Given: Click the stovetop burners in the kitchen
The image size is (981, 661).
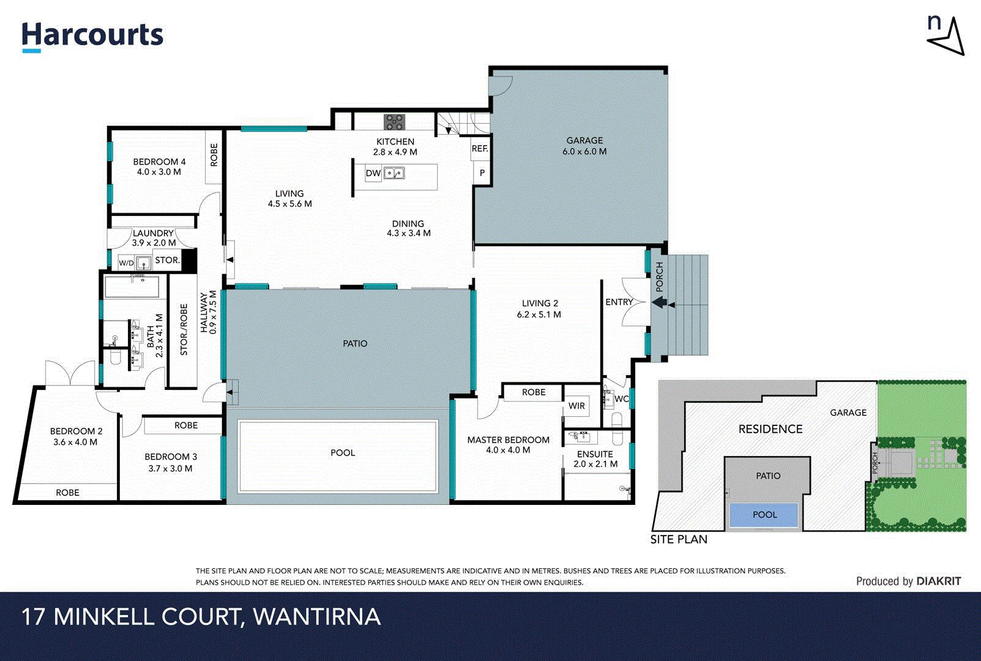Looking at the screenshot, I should coord(394,122).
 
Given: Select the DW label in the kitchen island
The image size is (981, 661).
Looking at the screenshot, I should coord(373,173).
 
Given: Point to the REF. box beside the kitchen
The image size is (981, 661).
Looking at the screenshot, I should coord(480,149).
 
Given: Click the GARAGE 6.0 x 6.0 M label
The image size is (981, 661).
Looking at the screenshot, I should coord(584,146).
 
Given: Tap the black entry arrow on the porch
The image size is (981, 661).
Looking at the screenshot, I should coord(659,302).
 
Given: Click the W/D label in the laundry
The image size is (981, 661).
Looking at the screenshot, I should coord(126,263).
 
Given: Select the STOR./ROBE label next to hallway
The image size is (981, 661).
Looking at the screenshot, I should coord(184,330).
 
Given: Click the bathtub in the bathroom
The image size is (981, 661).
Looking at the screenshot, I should coord(132,287).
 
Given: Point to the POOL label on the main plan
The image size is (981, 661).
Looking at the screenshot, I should coord(343,453).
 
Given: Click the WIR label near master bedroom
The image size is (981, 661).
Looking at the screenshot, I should coord(576,406).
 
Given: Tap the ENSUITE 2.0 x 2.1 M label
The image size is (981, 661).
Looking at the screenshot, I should coord(595,459).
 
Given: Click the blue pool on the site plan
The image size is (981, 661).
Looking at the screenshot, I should coord(764,515).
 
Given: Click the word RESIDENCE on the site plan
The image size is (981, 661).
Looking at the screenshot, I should coord(770,429).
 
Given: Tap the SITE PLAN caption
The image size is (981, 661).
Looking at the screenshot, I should coord(678,539).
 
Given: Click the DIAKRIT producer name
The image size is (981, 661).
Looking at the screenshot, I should coord(938,581).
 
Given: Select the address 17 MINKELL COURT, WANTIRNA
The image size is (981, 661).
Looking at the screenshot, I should coord(201,616).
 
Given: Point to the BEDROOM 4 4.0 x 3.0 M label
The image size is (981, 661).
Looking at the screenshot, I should coord(159,166).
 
